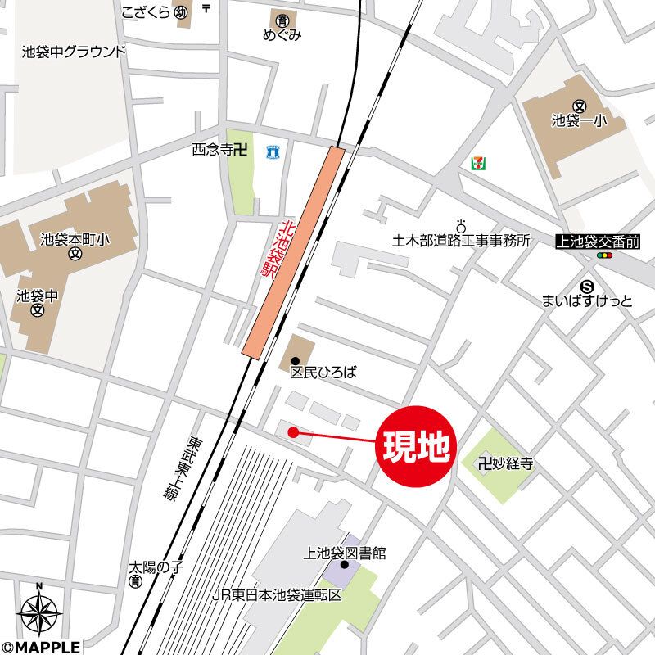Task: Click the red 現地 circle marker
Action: click(x=415, y=445)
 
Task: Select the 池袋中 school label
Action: click(x=37, y=296)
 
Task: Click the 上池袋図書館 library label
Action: click(x=344, y=553)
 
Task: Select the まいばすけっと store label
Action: click(x=587, y=300)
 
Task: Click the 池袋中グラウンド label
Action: click(x=75, y=52)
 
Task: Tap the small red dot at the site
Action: click(x=292, y=431)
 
